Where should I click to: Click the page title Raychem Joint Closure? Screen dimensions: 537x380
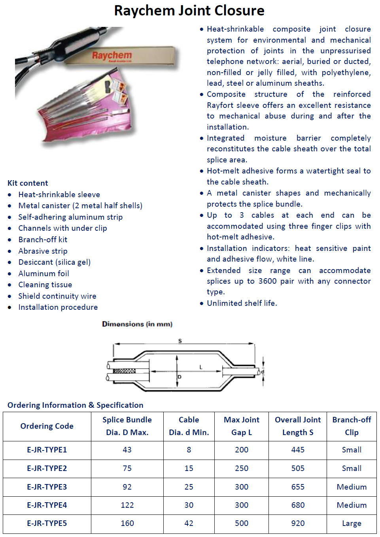pyautogui.click(x=189, y=11)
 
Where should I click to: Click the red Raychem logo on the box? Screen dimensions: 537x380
pyautogui.click(x=112, y=55)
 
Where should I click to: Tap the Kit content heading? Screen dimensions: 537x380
pyautogui.click(x=28, y=183)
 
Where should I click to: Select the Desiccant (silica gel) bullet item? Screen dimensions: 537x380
pyautogui.click(x=54, y=262)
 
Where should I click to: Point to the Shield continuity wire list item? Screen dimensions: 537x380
pyautogui.click(x=57, y=296)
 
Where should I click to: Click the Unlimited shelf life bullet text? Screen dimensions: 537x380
pyautogui.click(x=242, y=303)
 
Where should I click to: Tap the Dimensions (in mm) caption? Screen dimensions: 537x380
pyautogui.click(x=137, y=324)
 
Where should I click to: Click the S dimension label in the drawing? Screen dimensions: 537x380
pyautogui.click(x=180, y=341)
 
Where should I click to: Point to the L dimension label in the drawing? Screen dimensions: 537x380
pyautogui.click(x=201, y=367)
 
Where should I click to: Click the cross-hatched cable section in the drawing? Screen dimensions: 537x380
pyautogui.click(x=124, y=371)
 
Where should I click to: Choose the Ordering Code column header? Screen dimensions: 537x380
pyautogui.click(x=47, y=426)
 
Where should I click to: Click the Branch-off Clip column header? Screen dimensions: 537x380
pyautogui.click(x=352, y=426)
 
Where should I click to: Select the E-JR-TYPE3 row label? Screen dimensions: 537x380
pyautogui.click(x=47, y=487)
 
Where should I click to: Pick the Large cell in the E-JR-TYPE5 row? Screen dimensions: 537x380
pyautogui.click(x=352, y=523)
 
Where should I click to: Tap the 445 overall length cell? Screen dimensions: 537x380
pyautogui.click(x=298, y=450)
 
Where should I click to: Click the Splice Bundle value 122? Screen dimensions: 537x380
pyautogui.click(x=127, y=505)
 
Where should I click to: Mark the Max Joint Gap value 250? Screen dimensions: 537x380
pyautogui.click(x=242, y=468)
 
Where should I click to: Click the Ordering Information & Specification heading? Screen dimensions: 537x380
pyautogui.click(x=76, y=405)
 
